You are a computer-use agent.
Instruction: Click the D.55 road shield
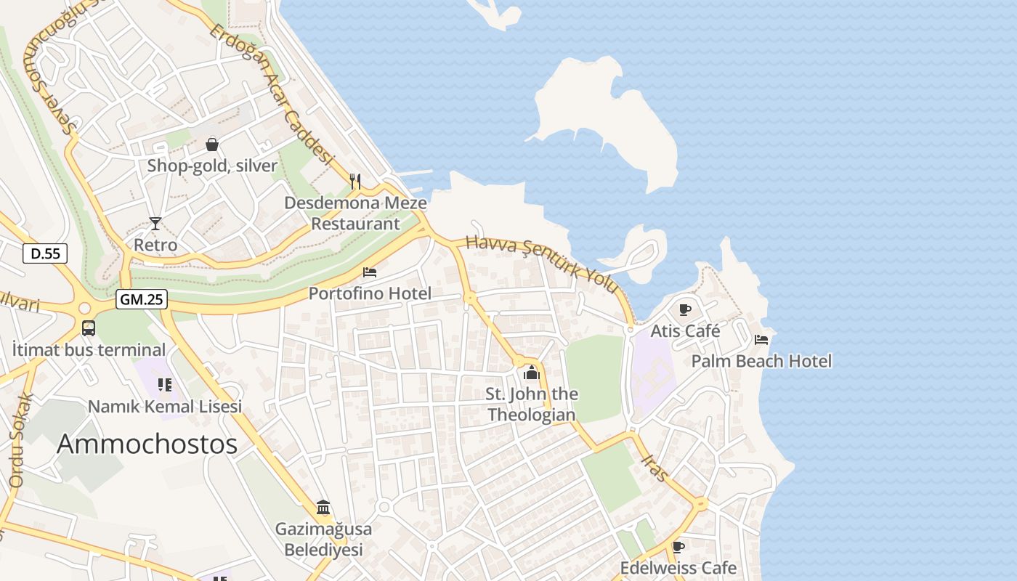(x=45, y=253)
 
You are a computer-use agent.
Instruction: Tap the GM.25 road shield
(x=142, y=298)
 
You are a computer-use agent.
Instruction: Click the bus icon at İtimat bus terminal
(x=89, y=328)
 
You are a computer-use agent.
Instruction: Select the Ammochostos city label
(x=147, y=444)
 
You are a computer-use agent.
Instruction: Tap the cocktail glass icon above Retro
(x=155, y=223)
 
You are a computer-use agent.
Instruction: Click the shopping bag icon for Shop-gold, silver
(x=212, y=145)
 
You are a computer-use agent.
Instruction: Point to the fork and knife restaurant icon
(x=355, y=181)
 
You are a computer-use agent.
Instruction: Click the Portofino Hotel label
(x=370, y=293)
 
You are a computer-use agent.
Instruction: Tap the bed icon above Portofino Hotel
(x=370, y=272)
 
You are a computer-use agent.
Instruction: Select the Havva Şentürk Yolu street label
(x=543, y=264)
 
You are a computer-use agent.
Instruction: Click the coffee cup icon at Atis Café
(x=684, y=310)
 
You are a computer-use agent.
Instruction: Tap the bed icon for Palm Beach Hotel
(x=761, y=340)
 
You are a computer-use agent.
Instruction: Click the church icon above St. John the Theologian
(x=532, y=373)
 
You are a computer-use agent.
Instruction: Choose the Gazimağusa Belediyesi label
(x=323, y=539)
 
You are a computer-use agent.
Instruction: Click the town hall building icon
(x=323, y=507)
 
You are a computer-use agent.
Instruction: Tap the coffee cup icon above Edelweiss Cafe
(x=678, y=547)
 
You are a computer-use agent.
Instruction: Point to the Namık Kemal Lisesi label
(x=165, y=407)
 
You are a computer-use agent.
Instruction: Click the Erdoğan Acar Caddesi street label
(x=271, y=94)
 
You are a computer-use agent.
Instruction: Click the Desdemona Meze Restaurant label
(x=355, y=213)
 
